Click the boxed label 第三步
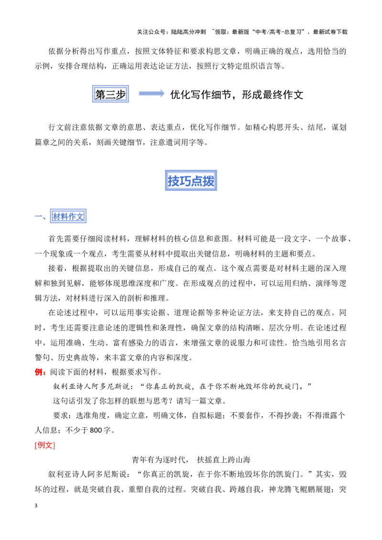click(x=110, y=94)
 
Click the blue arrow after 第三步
click(x=152, y=93)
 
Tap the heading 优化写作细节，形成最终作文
click(x=236, y=94)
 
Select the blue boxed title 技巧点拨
click(x=191, y=180)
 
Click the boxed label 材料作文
click(x=68, y=216)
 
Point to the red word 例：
click(x=40, y=372)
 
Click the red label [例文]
click(x=45, y=445)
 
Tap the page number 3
click(x=36, y=506)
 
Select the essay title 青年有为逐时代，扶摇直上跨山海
click(x=191, y=459)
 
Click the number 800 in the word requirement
click(x=96, y=430)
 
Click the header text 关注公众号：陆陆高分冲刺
click(x=171, y=32)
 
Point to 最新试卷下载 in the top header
click(x=330, y=32)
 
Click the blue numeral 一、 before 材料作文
click(x=41, y=217)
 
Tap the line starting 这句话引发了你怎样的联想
click(x=139, y=401)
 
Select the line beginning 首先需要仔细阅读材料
click(x=200, y=239)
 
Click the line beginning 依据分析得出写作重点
click(x=197, y=52)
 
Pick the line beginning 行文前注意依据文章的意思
click(x=197, y=127)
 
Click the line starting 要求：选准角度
click(x=199, y=415)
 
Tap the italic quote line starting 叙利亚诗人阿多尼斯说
click(x=182, y=386)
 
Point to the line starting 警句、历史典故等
click(x=114, y=357)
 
